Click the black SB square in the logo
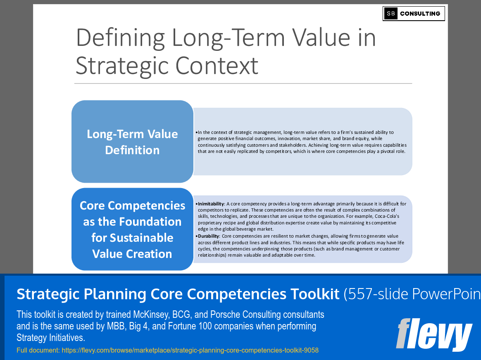point(391,14)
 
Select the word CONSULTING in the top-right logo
point(420,14)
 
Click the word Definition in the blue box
point(132,150)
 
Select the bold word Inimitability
point(211,204)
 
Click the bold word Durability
point(208,236)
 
